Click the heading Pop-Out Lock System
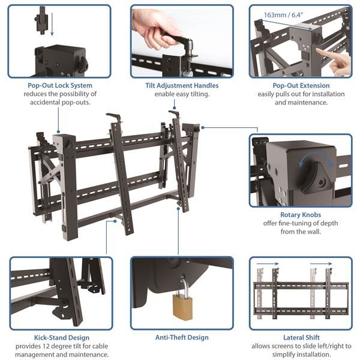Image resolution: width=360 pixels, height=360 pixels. coord(59,86)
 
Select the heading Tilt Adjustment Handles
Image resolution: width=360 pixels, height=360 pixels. coord(182,86)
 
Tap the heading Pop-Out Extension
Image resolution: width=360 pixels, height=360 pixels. coord(300,86)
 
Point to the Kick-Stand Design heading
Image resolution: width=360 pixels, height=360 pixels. coord(60,338)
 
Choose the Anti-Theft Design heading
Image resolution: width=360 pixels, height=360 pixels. coord(182,338)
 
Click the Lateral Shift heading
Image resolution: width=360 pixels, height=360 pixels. coord(301,338)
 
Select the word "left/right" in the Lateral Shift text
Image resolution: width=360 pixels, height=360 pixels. coord(327,347)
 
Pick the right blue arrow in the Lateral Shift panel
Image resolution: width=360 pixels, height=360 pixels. coord(323,263)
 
